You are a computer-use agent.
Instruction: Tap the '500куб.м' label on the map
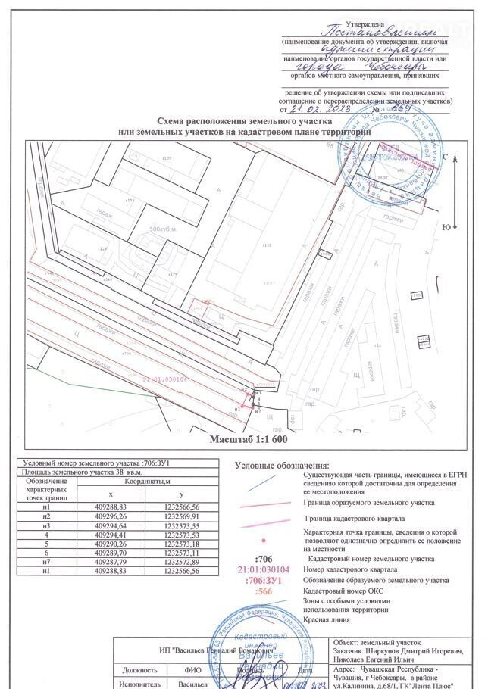tap(162, 229)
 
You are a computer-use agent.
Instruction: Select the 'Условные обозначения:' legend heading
tap(281, 465)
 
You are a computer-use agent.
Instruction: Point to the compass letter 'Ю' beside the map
tap(446, 227)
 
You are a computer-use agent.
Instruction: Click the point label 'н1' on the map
tap(237, 409)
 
